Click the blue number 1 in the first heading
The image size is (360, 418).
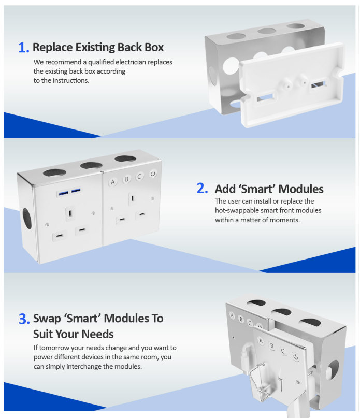23,48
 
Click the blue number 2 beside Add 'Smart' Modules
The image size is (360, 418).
203,189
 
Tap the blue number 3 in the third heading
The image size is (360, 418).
23,319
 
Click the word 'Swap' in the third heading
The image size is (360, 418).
47,318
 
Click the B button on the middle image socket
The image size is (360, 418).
126,180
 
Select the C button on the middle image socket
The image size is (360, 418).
139,177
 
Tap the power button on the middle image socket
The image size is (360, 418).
153,174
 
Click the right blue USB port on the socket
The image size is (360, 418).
76,192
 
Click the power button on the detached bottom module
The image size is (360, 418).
295,356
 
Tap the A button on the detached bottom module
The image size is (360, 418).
261,341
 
